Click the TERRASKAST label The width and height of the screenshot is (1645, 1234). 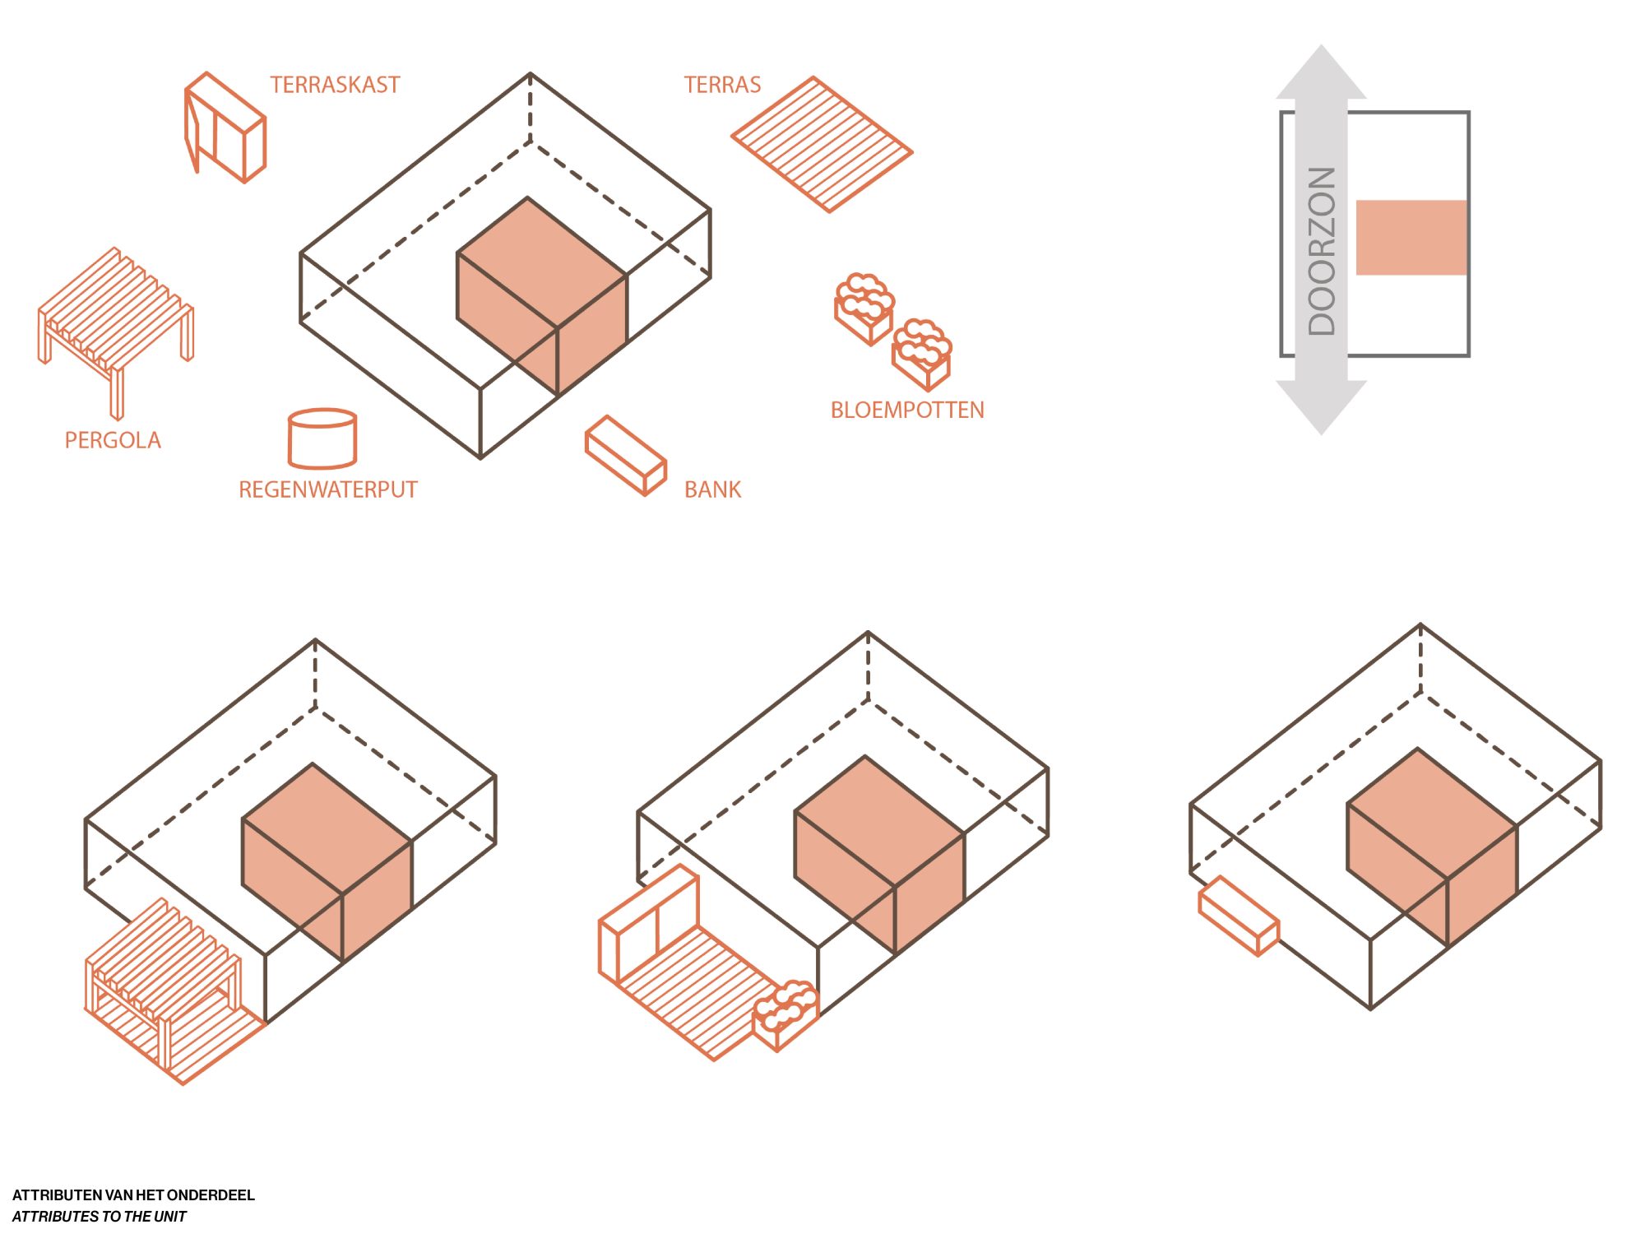point(335,85)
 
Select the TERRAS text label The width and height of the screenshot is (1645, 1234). point(722,85)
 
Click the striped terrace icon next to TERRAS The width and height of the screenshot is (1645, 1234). point(822,145)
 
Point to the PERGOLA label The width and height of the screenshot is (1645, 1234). point(113,440)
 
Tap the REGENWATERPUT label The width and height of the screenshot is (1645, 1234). point(328,489)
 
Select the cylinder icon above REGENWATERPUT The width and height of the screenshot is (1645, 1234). point(322,438)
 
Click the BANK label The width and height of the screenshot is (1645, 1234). point(712,489)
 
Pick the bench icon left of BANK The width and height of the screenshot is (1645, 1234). point(626,456)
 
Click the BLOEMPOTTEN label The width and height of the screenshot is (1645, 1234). point(907,410)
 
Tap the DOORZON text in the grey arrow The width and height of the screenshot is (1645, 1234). point(1322,251)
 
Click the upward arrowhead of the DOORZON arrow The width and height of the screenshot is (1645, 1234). point(1321,72)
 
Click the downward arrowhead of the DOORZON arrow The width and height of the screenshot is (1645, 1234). point(1321,407)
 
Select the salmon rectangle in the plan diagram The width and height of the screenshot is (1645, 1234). point(1411,237)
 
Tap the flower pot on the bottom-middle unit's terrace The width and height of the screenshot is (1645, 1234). point(786,1015)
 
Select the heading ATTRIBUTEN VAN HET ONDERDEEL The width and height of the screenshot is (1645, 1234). point(133,1195)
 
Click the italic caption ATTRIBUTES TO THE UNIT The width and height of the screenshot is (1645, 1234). point(100,1216)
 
